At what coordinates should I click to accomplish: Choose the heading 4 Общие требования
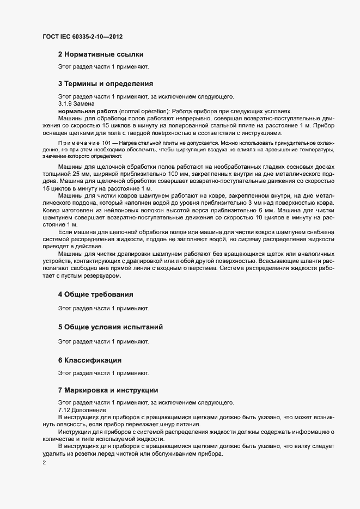pyautogui.click(x=95, y=295)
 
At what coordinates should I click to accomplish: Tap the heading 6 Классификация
pyautogui.click(x=89, y=360)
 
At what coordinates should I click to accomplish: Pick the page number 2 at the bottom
pyautogui.click(x=44, y=463)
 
